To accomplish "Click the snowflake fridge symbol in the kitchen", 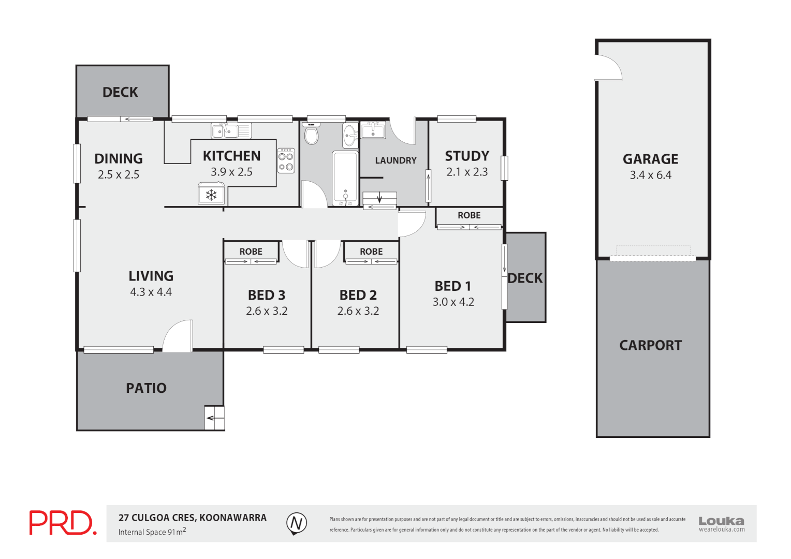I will [x=211, y=195].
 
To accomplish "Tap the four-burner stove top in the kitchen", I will [x=286, y=160].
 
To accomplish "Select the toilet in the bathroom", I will [x=311, y=134].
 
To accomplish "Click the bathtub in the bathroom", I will [x=345, y=176].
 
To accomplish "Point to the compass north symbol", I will [x=297, y=523].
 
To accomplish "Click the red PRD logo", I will [x=63, y=523].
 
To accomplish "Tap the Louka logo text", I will [x=721, y=521].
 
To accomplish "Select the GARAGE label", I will [x=650, y=159].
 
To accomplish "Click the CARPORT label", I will [x=651, y=345].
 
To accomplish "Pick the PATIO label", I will [x=146, y=388].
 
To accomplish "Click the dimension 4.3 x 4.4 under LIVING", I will [x=151, y=292].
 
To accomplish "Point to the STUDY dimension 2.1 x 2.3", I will [x=467, y=172].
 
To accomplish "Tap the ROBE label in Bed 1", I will [x=469, y=215].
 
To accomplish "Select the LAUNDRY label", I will [x=395, y=160].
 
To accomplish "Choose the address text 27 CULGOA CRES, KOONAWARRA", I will [x=193, y=518].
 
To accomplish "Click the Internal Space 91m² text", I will [x=152, y=532].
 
